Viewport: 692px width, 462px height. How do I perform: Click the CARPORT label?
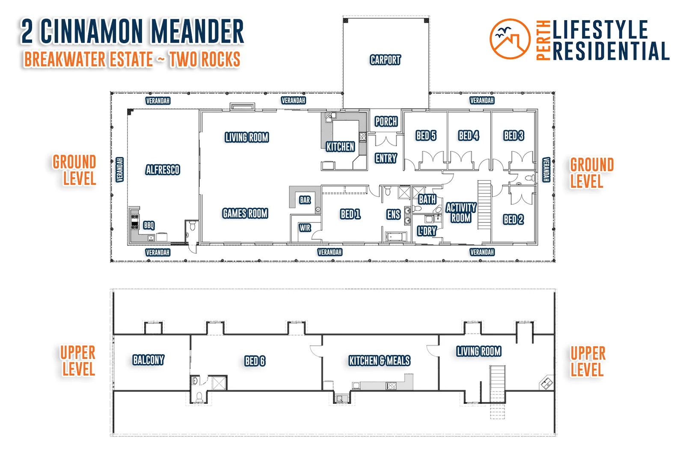(385, 59)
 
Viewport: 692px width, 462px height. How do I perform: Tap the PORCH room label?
(386, 121)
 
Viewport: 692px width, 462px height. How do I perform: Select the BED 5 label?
(426, 135)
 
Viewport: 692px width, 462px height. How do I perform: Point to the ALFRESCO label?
(163, 169)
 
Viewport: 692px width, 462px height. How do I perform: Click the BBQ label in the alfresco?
(149, 225)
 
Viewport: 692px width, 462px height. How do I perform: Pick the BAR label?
(305, 200)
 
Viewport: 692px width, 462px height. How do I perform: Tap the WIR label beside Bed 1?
(305, 228)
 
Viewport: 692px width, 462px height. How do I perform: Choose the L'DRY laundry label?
(427, 231)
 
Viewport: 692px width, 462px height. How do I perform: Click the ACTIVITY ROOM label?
(461, 213)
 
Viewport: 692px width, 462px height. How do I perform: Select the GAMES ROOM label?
(245, 213)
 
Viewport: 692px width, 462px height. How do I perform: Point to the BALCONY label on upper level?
(148, 360)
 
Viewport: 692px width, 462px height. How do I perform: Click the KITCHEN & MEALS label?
(379, 360)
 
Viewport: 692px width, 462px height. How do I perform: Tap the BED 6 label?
(255, 361)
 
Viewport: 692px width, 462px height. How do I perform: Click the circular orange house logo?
(510, 39)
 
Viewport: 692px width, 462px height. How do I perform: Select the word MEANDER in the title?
(198, 31)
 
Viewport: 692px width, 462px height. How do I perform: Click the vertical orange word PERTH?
(544, 40)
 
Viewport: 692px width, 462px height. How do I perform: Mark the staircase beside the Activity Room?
(484, 205)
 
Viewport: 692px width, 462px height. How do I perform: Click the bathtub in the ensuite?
(396, 237)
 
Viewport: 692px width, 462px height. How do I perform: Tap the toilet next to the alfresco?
(193, 225)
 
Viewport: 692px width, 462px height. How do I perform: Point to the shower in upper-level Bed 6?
(219, 383)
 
